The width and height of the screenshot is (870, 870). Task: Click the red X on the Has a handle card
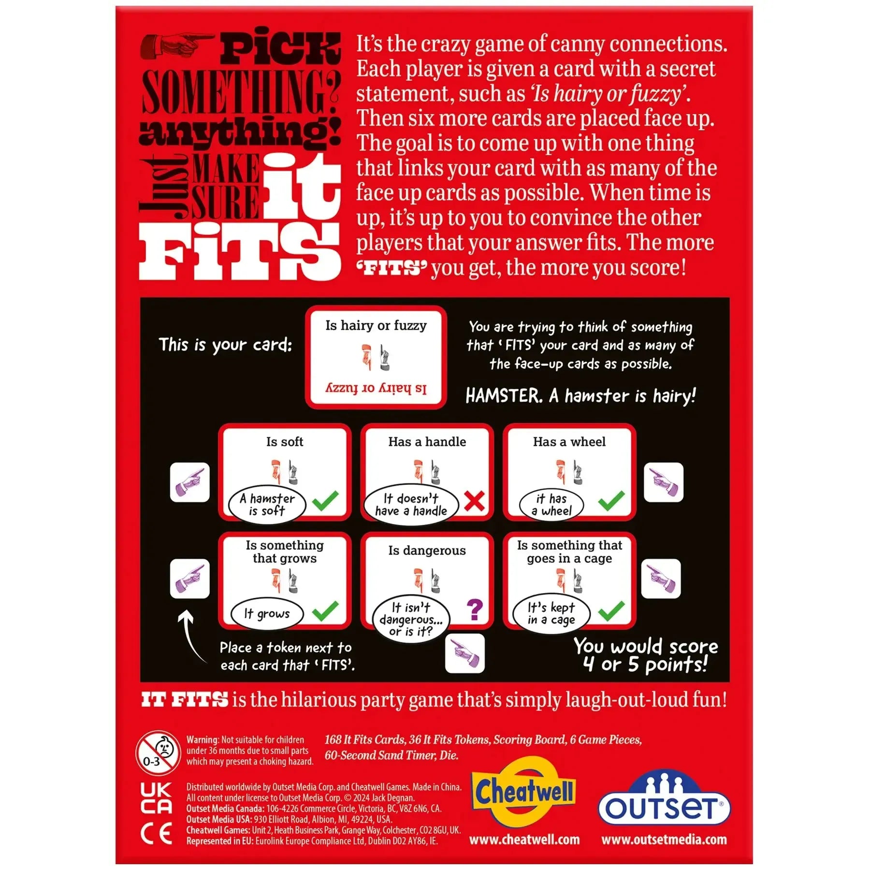[x=474, y=501]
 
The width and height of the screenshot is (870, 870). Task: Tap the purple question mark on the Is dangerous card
[x=475, y=609]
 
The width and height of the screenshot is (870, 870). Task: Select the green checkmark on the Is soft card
[x=325, y=501]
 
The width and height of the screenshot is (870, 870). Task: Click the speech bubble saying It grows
[x=267, y=614]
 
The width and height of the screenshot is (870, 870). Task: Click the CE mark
[x=156, y=834]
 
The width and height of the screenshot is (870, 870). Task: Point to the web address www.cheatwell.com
[x=524, y=840]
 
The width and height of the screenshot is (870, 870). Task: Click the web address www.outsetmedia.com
[x=664, y=840]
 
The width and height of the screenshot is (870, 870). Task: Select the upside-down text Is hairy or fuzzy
[x=376, y=388]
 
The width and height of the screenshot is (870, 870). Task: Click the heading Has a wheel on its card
[x=569, y=442]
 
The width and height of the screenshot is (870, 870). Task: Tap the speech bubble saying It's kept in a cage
[x=551, y=613]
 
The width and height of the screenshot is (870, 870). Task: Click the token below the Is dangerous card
[x=464, y=653]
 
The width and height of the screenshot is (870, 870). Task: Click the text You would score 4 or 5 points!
[x=646, y=655]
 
